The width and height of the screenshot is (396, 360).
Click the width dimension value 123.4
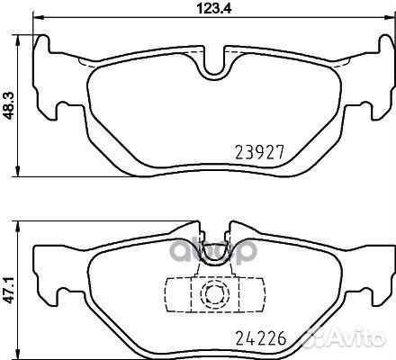(x=214, y=8)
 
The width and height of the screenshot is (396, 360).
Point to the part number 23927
(x=259, y=152)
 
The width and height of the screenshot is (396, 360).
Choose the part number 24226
(x=261, y=338)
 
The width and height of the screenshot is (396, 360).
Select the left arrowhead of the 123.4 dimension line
(x=38, y=17)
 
